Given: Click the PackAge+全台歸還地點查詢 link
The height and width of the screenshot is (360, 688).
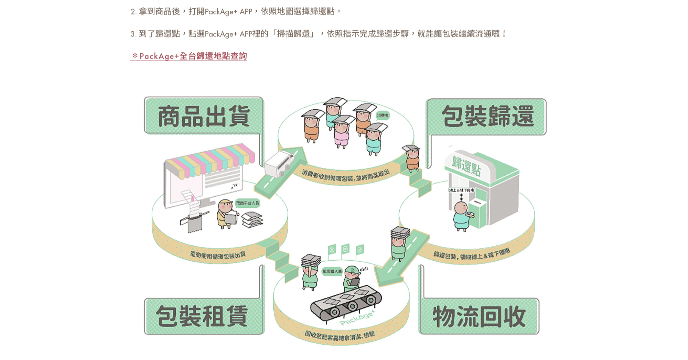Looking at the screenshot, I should point(189,56).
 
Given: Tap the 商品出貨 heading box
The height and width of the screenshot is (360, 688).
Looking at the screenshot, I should point(204,116).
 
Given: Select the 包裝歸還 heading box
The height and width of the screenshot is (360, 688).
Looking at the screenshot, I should point(487,117).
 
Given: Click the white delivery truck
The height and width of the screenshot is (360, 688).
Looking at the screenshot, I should point(279,163).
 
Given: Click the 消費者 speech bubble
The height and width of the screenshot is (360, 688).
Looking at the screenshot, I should point(383,116).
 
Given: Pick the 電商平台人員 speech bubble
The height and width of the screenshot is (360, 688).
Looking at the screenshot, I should point(247,203).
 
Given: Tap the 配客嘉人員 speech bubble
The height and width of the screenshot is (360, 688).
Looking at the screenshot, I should point(332,271).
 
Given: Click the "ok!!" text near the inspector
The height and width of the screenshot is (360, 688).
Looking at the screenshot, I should point(364,269).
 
